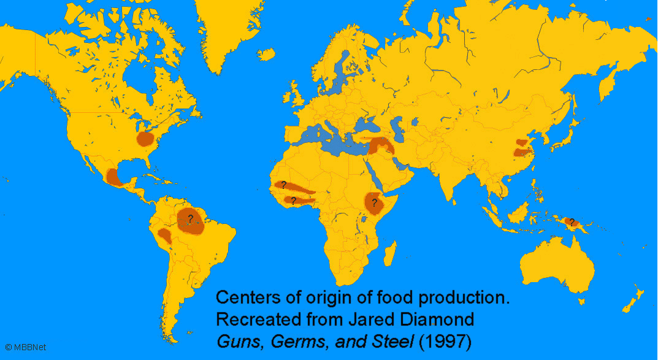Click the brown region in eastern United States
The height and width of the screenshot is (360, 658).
coord(147,139)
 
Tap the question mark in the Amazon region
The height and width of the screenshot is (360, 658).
coord(191,218)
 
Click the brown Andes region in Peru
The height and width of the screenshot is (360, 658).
coord(165,236)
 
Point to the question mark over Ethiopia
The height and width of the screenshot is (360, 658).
coord(374,202)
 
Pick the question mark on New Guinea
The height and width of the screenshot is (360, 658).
coord(572,222)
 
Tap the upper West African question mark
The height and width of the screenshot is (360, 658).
coord(283,185)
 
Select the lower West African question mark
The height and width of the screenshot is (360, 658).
coord(293,201)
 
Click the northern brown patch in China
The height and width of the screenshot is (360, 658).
coord(521,142)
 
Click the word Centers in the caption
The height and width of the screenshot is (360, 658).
coord(243,299)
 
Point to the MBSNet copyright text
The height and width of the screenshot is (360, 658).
coord(17,348)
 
